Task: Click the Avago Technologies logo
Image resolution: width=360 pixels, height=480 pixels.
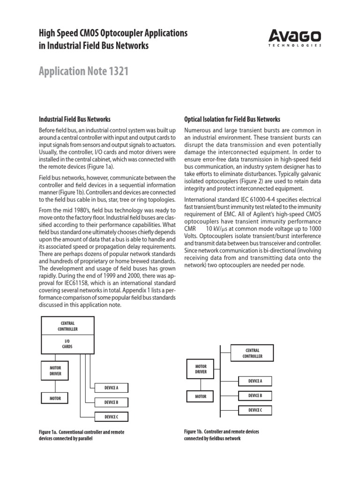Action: (295, 37)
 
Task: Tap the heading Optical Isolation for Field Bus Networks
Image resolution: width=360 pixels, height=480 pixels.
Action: (232, 120)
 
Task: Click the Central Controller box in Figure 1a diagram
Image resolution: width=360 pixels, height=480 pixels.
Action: (68, 326)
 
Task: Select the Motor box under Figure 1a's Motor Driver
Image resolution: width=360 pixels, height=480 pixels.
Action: (56, 398)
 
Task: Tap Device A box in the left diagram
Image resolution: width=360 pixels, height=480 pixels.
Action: (111, 388)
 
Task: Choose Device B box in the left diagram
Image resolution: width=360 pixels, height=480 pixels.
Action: (111, 402)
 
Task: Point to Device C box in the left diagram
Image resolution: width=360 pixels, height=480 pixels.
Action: (111, 417)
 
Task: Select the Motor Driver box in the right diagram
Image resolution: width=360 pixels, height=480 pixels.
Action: (201, 368)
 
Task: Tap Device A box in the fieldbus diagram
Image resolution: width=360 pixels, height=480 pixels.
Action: (255, 381)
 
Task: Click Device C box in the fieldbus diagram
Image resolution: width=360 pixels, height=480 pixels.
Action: (255, 410)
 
